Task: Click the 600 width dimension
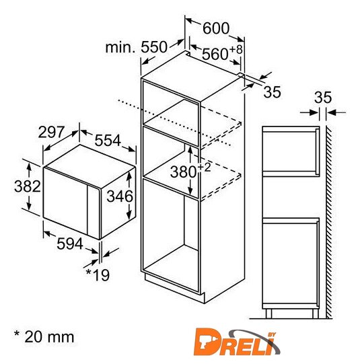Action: click(216, 28)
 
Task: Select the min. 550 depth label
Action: click(136, 47)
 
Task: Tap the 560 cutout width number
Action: click(215, 54)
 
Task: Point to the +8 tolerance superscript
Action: click(236, 49)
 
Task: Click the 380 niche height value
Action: click(184, 172)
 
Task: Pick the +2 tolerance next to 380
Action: click(205, 167)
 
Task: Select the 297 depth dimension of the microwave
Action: click(51, 132)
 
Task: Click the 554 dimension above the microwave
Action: click(108, 140)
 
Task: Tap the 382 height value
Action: click(28, 186)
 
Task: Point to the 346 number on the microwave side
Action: click(120, 196)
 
